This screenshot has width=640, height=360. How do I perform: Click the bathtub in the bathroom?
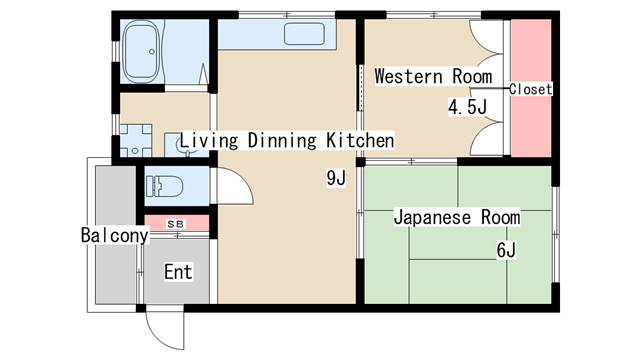point(141,51)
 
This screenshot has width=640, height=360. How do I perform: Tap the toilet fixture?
point(164,186)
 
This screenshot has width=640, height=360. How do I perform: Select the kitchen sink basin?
point(304,34)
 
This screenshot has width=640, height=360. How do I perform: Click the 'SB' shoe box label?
point(176,224)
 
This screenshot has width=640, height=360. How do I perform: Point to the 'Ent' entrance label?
point(178,272)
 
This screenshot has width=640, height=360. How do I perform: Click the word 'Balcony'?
point(115,235)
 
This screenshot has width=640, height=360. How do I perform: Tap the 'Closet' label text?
point(531,89)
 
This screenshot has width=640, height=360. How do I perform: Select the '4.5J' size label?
point(468,107)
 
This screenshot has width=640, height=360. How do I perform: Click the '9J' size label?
point(336,178)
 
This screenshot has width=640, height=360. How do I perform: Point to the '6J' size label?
point(507,250)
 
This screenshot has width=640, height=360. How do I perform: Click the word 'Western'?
point(409,77)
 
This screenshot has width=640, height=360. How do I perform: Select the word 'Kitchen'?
point(360,140)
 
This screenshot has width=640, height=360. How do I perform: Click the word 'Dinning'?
point(282,140)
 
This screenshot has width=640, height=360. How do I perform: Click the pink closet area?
point(531,88)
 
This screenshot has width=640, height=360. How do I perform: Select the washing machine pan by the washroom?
point(136,140)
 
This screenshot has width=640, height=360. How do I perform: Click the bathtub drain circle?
point(152,52)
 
